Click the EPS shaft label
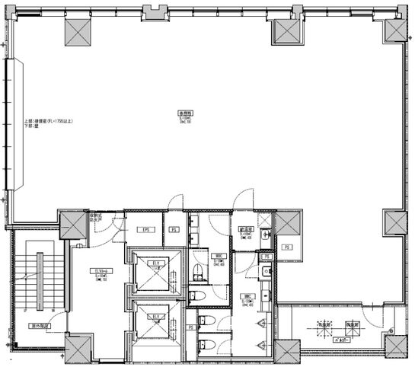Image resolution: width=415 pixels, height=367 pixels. [142, 228]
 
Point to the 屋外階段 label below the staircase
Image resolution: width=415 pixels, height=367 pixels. [39, 326]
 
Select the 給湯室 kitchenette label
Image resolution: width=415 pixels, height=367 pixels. [247, 228]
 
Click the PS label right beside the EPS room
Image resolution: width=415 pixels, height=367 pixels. [174, 228]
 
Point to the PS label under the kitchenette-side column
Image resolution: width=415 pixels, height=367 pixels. [288, 247]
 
